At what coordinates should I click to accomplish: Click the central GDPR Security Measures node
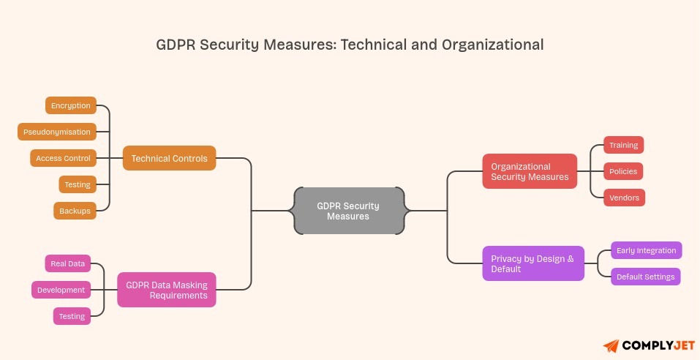(348, 211)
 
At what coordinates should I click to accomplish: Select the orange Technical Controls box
(169, 158)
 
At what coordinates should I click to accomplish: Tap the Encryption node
(71, 105)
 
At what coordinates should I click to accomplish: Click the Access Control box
(64, 158)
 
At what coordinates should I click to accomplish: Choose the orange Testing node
(78, 184)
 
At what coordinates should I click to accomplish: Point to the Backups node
(75, 211)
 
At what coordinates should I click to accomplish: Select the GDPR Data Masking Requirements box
(167, 290)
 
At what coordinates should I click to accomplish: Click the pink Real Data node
(68, 263)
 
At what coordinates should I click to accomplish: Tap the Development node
(61, 290)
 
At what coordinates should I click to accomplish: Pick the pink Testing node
(72, 316)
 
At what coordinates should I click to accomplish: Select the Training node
(623, 145)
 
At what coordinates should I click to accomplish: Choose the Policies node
(623, 171)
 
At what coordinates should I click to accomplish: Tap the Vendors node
(624, 198)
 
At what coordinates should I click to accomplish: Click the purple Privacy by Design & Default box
(533, 263)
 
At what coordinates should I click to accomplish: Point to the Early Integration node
(646, 250)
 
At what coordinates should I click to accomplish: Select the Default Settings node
(646, 277)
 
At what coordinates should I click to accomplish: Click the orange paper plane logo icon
(611, 345)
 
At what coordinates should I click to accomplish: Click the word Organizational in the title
(492, 45)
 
